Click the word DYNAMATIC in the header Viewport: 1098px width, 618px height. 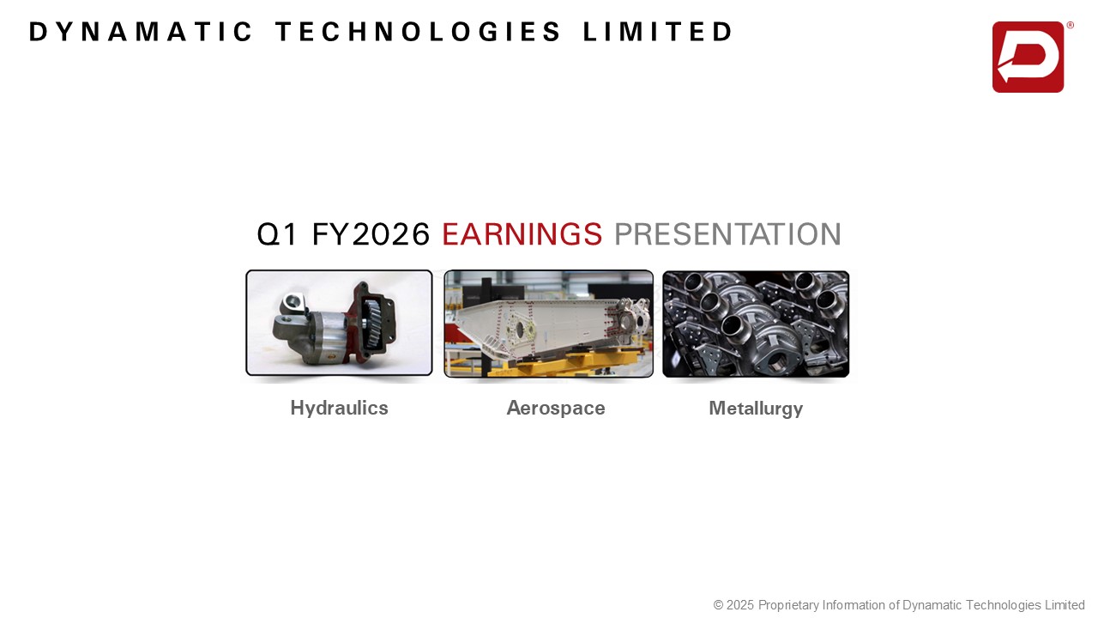[141, 32]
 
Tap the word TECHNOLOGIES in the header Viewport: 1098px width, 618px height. [418, 32]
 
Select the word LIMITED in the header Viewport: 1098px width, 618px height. [657, 32]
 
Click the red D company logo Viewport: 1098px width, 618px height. [1028, 57]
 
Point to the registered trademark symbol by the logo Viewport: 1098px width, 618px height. [1070, 25]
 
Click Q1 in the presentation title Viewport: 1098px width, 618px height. [277, 234]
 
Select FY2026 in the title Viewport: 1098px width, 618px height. [371, 234]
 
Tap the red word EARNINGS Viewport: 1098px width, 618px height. [522, 234]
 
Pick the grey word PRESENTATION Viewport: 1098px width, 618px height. [727, 234]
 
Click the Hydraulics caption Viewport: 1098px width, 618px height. [339, 408]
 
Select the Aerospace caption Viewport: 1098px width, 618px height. [556, 408]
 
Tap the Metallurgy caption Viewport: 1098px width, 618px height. [756, 409]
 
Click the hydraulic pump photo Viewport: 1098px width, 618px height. [339, 323]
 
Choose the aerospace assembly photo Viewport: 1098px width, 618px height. [548, 324]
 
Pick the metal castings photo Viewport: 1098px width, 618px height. [756, 324]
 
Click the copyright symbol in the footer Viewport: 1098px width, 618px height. [718, 605]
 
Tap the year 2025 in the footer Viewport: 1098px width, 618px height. [740, 605]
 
